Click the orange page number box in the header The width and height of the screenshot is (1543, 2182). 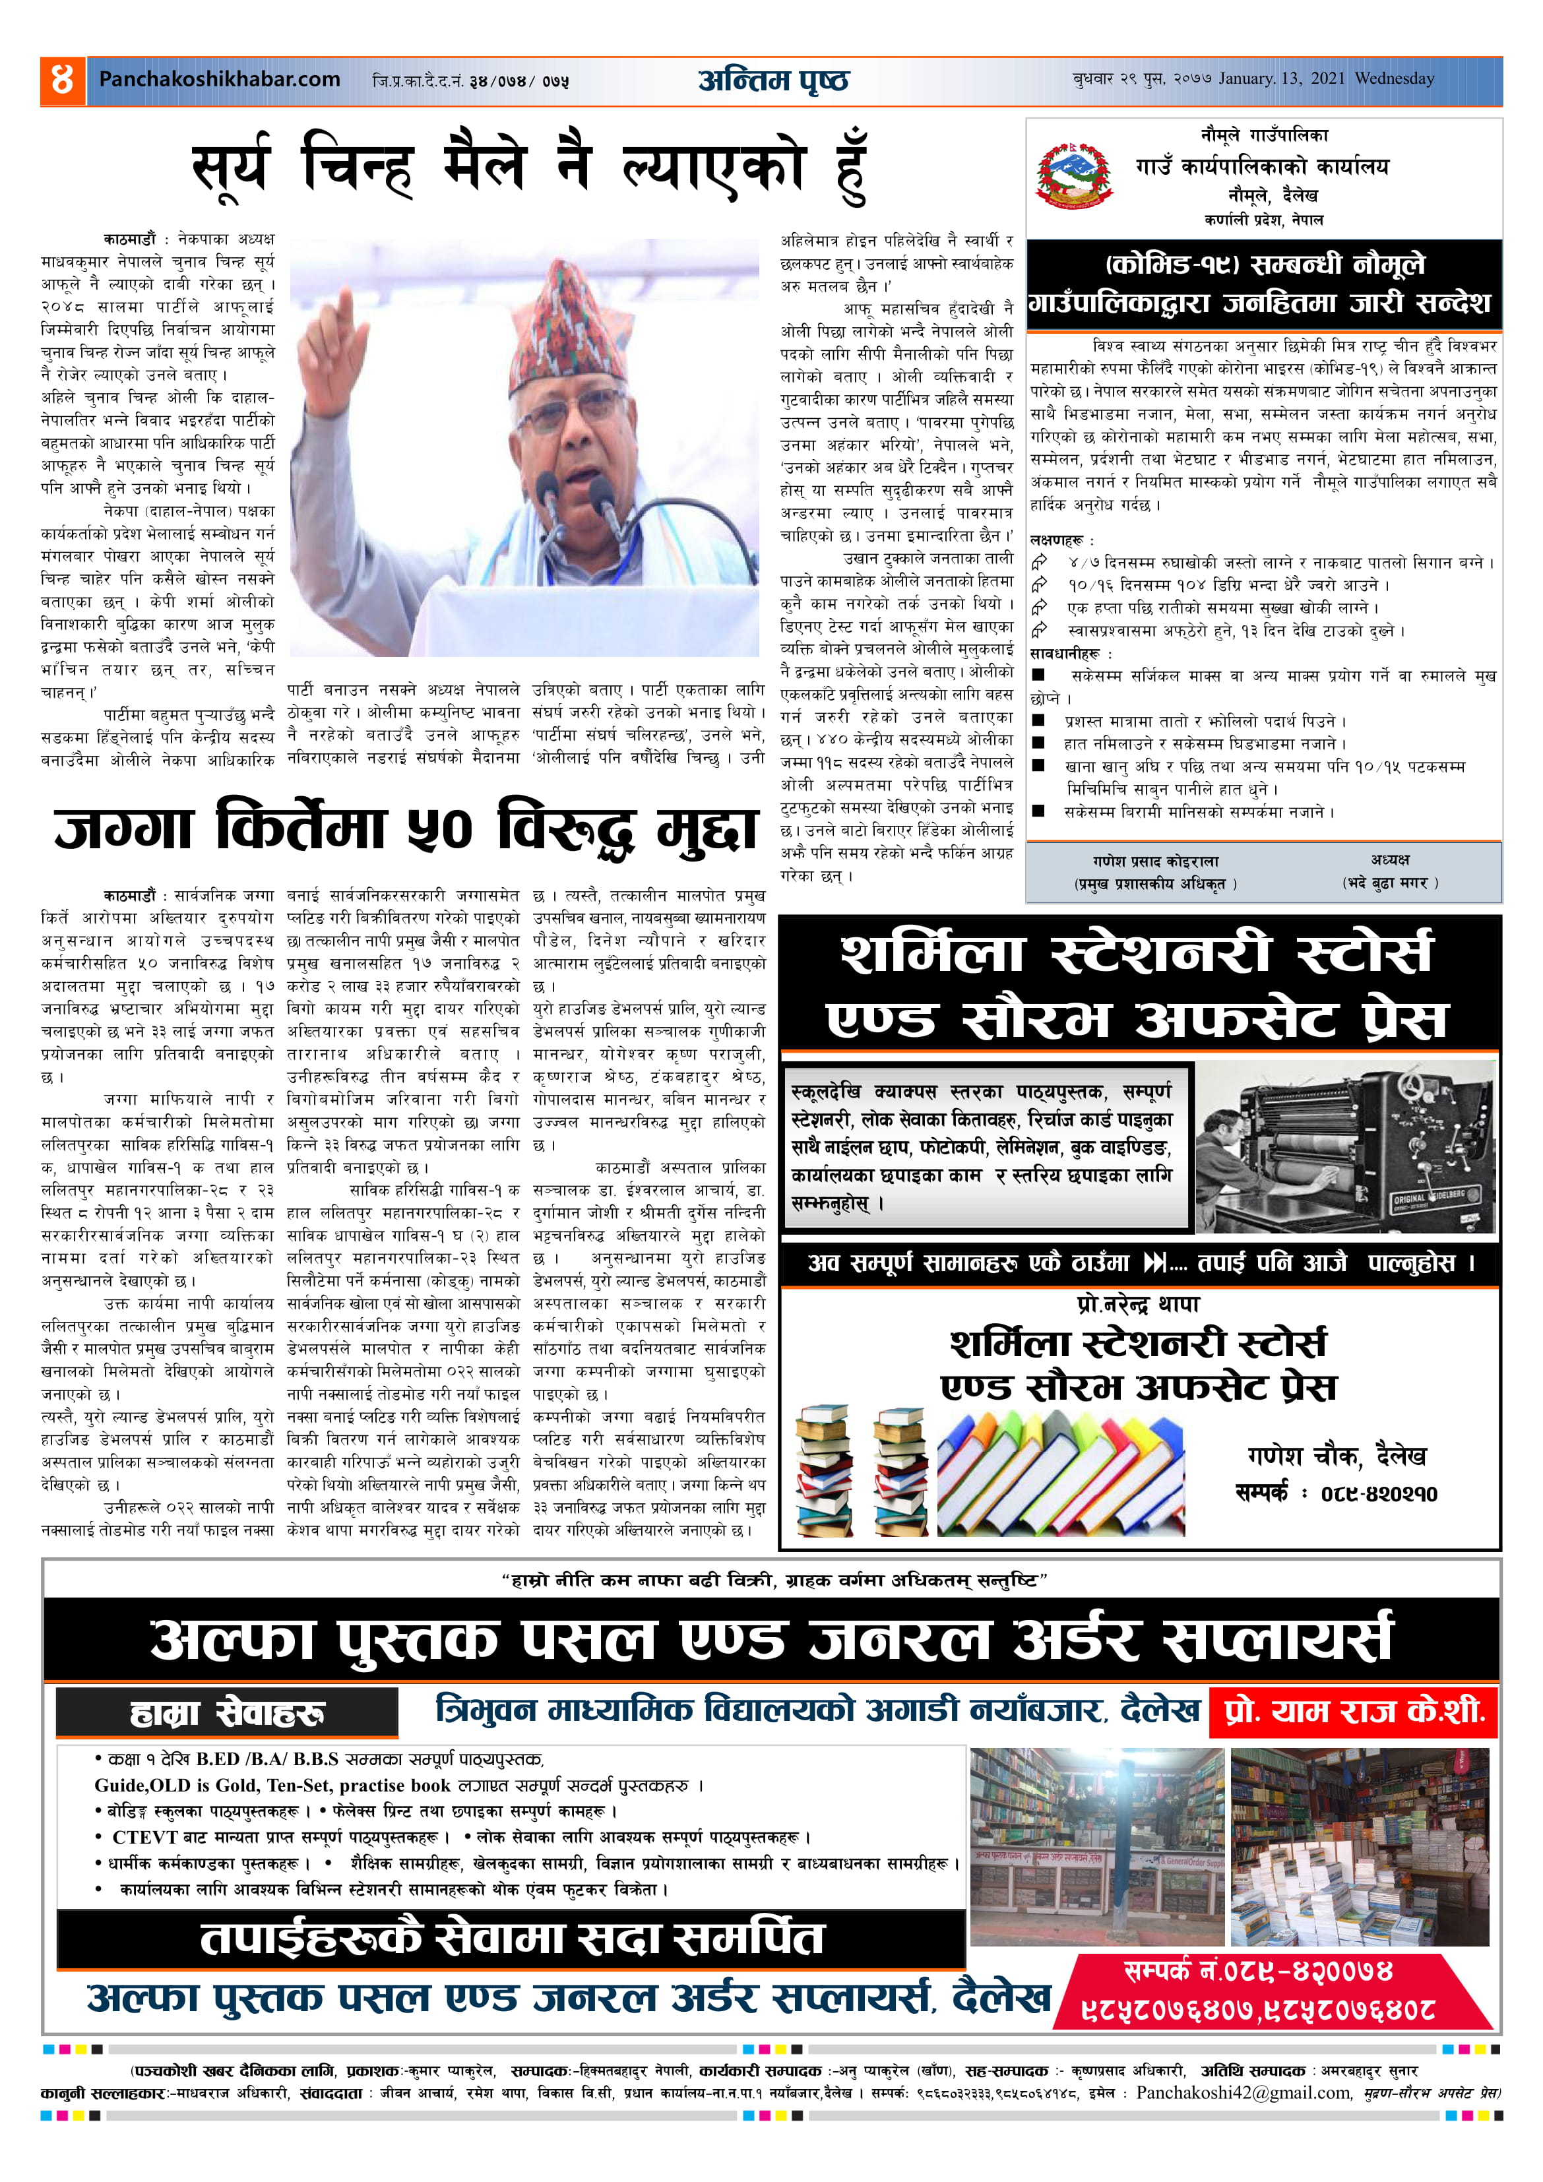[62, 80]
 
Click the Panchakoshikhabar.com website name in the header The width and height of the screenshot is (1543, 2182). [220, 80]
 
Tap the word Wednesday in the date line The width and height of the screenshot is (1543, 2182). [1394, 79]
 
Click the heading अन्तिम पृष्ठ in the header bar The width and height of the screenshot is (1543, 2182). [773, 80]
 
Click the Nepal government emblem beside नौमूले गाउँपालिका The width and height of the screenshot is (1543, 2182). [1075, 175]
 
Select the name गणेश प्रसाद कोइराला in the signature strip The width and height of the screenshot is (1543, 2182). [1155, 861]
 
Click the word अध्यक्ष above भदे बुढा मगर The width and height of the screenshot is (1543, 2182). [1389, 859]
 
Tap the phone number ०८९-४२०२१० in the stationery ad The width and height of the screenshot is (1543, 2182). [1379, 1493]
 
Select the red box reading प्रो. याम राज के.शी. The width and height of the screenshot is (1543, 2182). [1354, 1712]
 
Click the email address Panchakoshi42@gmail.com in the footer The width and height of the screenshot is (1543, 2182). [1243, 2093]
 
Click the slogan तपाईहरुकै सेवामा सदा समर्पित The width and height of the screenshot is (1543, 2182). [511, 1938]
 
